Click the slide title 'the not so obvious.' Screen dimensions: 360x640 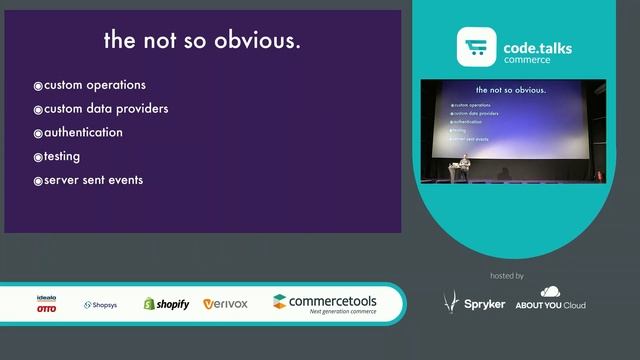[202, 42]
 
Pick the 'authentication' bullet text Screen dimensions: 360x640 [84, 133]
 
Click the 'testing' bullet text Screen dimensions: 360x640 [62, 157]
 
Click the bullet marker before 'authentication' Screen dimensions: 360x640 [38, 133]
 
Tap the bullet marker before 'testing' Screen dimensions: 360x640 [38, 157]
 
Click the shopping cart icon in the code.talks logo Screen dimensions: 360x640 [476, 48]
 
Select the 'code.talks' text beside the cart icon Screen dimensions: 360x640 [538, 46]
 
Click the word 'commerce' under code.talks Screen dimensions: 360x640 [526, 60]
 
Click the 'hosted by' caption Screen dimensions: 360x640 [507, 275]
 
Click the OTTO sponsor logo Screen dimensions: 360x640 [46, 304]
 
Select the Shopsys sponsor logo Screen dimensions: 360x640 [100, 305]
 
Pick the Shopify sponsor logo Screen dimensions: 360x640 [166, 304]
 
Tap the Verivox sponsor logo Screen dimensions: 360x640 [225, 304]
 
